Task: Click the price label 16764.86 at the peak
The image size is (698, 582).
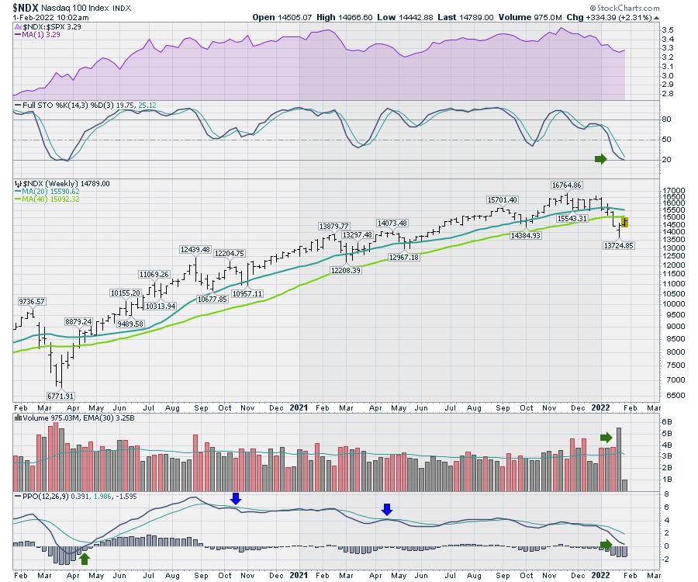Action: pyautogui.click(x=566, y=185)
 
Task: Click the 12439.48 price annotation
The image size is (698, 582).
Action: pyautogui.click(x=195, y=249)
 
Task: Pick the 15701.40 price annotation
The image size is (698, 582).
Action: pyautogui.click(x=503, y=199)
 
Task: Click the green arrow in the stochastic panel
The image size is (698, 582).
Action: pyautogui.click(x=600, y=159)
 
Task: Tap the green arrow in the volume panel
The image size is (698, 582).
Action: pyautogui.click(x=606, y=438)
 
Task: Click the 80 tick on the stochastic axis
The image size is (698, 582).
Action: pyautogui.click(x=644, y=120)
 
